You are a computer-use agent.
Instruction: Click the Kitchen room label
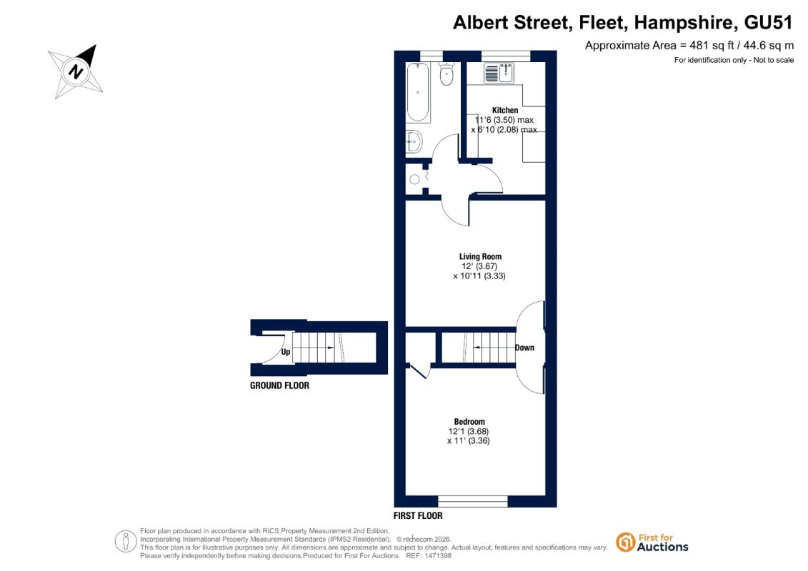pyautogui.click(x=505, y=110)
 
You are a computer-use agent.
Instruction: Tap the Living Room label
pyautogui.click(x=480, y=256)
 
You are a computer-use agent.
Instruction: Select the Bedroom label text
pyautogui.click(x=469, y=422)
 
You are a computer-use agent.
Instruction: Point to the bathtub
pyautogui.click(x=418, y=92)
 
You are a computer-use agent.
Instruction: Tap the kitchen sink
pyautogui.click(x=499, y=73)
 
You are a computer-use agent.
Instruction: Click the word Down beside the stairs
pyautogui.click(x=524, y=348)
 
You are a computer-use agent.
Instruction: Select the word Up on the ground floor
pyautogui.click(x=286, y=352)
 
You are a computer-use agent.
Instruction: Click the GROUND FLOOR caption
pyautogui.click(x=279, y=385)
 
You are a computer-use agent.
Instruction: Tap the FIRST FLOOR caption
pyautogui.click(x=418, y=515)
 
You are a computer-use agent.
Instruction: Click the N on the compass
pyautogui.click(x=76, y=71)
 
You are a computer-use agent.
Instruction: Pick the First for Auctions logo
pyautogui.click(x=652, y=542)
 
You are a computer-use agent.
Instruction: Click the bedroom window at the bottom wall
pyautogui.click(x=473, y=501)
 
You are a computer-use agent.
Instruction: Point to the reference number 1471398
pyautogui.click(x=436, y=556)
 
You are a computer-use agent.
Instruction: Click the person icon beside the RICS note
pyautogui.click(x=126, y=542)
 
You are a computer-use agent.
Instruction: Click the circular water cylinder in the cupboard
pyautogui.click(x=415, y=179)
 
